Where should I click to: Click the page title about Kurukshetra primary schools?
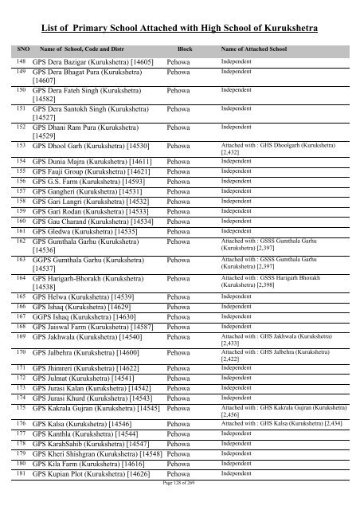pos(179,28)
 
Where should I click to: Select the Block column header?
pos(185,49)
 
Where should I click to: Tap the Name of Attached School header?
pos(252,49)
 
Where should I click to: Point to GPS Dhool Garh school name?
pos(92,147)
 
